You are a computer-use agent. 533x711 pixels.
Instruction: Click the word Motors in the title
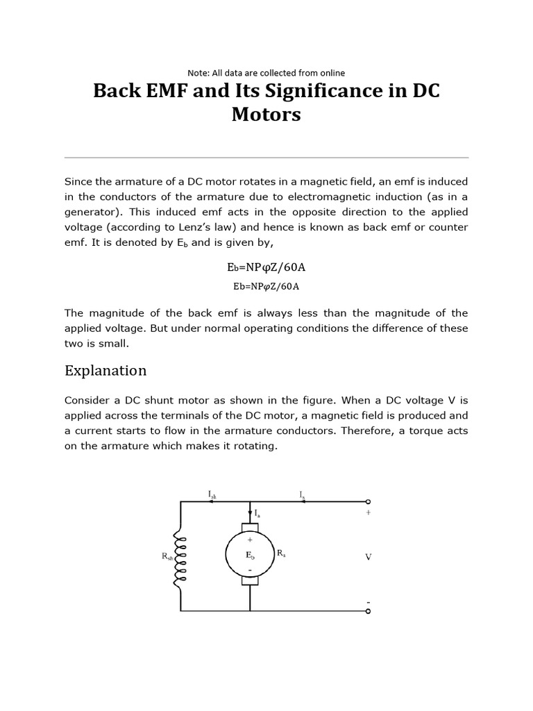(266, 115)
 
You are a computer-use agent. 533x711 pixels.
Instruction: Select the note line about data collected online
(266, 73)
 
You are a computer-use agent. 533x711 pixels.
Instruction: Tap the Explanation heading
(105, 370)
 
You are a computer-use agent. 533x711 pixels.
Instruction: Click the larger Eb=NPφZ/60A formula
(266, 267)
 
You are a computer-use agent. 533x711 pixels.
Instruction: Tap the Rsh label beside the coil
(166, 555)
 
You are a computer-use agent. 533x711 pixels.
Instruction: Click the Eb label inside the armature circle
(250, 555)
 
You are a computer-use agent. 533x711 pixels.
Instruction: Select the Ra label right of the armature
(281, 553)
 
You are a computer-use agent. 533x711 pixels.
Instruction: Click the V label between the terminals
(369, 557)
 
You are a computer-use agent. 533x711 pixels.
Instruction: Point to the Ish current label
(212, 494)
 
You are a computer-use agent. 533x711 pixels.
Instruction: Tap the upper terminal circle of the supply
(368, 501)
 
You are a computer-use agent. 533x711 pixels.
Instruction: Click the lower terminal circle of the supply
(368, 611)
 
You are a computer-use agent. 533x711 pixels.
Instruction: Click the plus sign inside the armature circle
(250, 539)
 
